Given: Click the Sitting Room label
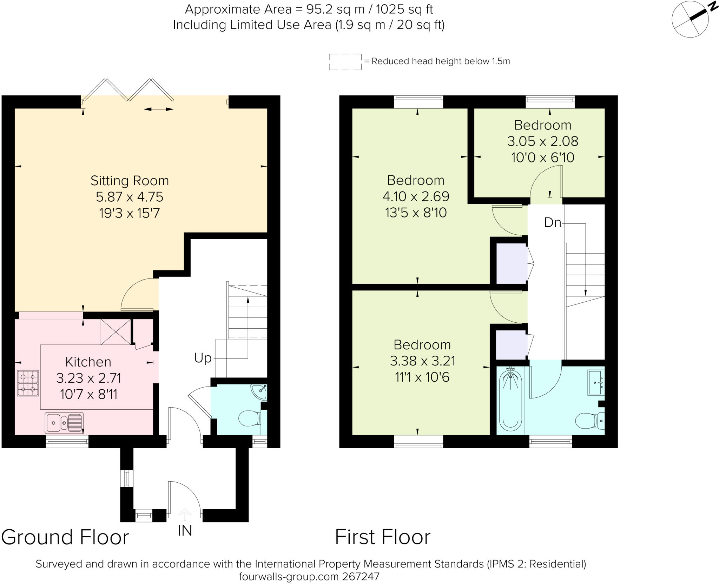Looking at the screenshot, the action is (x=130, y=181).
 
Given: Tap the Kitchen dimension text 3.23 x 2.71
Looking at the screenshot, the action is (x=89, y=378).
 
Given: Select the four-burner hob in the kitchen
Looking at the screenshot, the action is (x=28, y=383).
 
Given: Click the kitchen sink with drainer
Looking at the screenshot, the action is (x=64, y=423).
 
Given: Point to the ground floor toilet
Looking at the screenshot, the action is (x=250, y=418).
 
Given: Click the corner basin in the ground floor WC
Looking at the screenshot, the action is (x=259, y=392).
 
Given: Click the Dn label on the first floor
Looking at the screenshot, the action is (x=553, y=222).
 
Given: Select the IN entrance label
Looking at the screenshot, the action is (x=185, y=531).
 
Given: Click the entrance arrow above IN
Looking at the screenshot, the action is (x=185, y=515).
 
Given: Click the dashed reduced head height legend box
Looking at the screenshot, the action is (x=345, y=62).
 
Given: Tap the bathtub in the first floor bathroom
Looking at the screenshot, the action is (x=510, y=398).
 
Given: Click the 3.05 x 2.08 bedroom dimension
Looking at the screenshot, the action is (x=543, y=141).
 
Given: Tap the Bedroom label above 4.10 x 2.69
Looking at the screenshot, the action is (x=416, y=180).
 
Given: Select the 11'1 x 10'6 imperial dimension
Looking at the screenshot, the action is (x=422, y=377).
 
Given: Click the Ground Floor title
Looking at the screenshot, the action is (x=65, y=537).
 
